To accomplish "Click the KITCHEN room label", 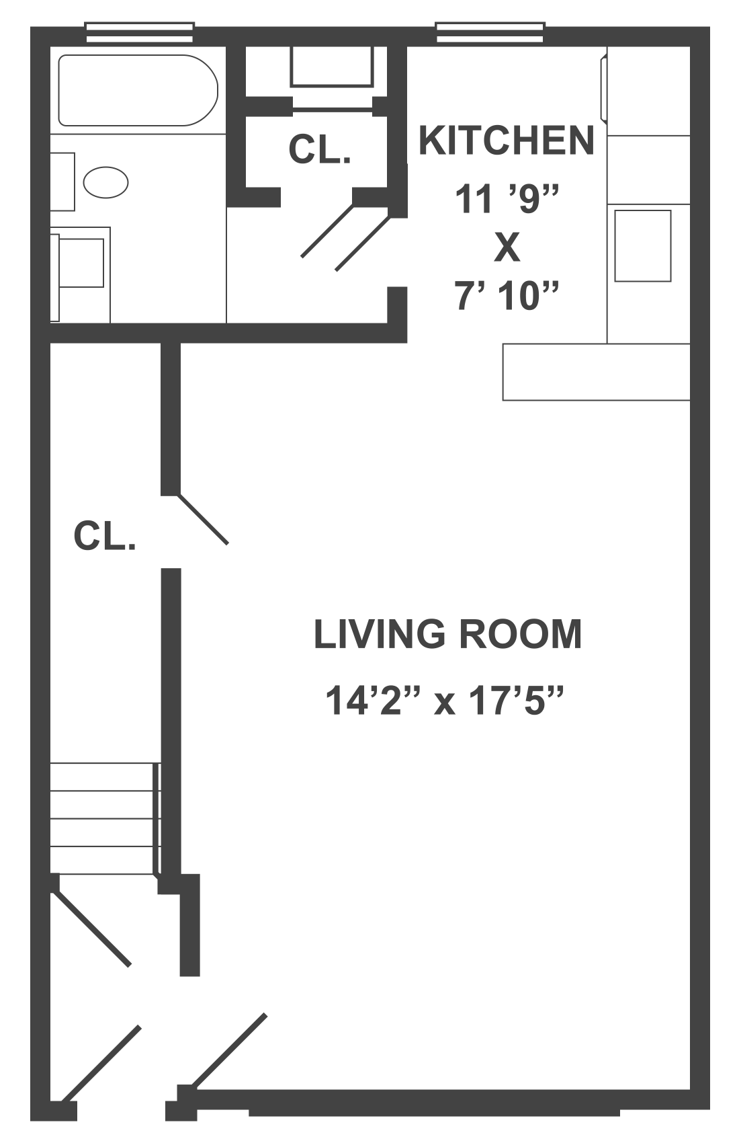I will pos(506,141).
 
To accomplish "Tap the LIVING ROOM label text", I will pos(447,634).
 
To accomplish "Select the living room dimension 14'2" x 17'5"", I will pos(443,701).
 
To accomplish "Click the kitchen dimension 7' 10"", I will pos(507,296).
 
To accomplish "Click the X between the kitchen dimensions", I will pos(507,248).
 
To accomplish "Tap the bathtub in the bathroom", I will pos(138,90).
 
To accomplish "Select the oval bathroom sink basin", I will pos(106,182).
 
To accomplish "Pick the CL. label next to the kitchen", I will pos(319,149).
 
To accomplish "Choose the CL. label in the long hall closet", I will pos(105,537).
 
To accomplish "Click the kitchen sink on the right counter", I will pos(643,245).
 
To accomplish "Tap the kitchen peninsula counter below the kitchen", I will pos(596,372).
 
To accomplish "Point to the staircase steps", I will pos(104,819).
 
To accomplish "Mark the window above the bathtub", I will pos(140,31).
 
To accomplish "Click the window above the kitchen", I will pos(490,31).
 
